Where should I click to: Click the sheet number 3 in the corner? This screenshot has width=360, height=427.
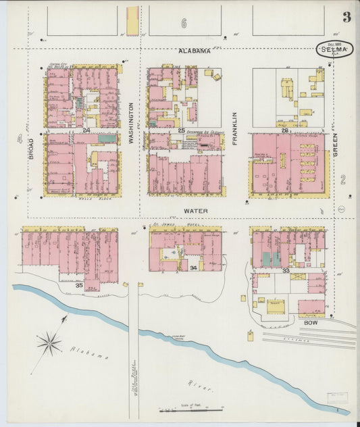(346, 18)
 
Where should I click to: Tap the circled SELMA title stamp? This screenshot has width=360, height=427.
(335, 49)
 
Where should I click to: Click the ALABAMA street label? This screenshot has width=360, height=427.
(195, 51)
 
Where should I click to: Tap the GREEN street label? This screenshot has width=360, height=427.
(334, 143)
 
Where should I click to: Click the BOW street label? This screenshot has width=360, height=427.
(310, 323)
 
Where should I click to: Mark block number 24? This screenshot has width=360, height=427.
(86, 130)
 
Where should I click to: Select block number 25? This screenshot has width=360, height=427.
(181, 130)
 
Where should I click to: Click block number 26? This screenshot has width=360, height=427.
(284, 130)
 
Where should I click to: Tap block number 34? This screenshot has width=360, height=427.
(193, 268)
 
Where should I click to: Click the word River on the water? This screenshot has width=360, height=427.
(205, 389)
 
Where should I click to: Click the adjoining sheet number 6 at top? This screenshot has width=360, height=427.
(182, 23)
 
